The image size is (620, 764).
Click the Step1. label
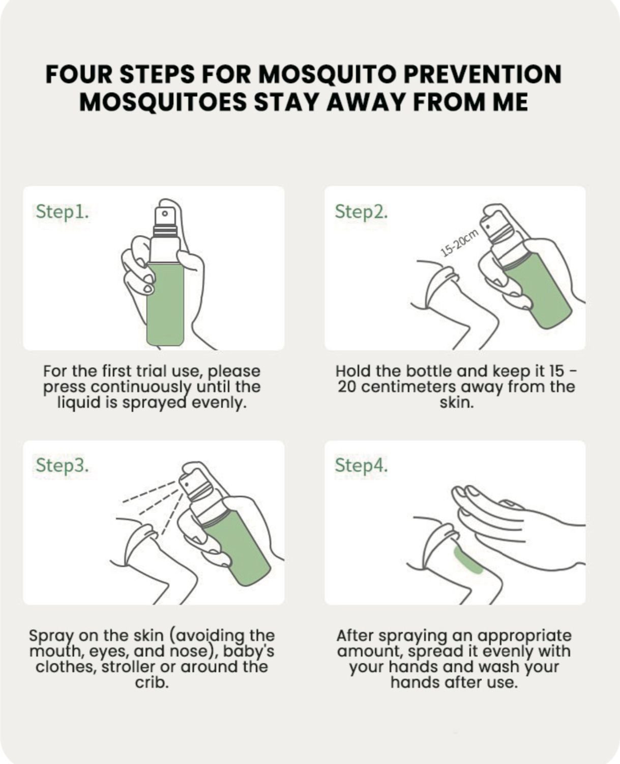(x=63, y=212)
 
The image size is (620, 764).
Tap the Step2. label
(x=361, y=212)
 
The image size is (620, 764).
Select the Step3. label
(x=63, y=465)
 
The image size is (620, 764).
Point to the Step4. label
(x=361, y=465)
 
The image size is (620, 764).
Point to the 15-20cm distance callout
(x=460, y=243)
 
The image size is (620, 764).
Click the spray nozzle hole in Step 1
(x=165, y=214)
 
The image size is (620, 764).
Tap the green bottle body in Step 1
(x=165, y=304)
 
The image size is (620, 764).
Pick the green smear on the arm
(x=468, y=561)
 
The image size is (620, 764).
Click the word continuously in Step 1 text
(x=141, y=388)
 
